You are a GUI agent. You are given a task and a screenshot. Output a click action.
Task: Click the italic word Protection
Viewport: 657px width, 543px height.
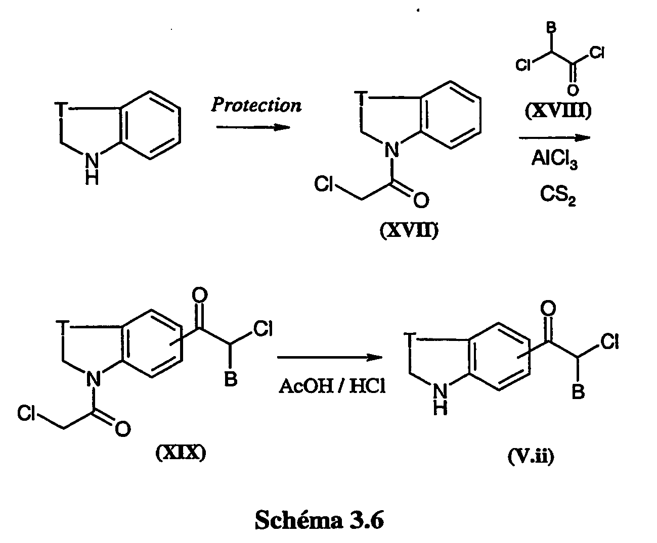point(256,105)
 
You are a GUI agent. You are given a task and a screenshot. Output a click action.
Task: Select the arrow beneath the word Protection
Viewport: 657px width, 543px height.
point(253,127)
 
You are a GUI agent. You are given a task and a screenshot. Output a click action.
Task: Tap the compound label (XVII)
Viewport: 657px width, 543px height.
point(409,231)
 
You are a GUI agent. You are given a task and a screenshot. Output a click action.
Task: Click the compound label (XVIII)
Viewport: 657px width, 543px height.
point(558,111)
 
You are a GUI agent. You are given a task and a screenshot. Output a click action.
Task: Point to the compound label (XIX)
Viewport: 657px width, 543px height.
point(181,453)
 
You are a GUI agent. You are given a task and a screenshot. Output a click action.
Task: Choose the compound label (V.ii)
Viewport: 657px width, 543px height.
point(531,456)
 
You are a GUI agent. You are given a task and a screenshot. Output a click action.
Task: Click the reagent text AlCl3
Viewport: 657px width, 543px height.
point(554,159)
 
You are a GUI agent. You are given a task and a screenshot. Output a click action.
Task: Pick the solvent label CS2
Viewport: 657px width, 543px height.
point(558,195)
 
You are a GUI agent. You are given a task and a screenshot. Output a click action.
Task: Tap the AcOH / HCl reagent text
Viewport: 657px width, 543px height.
point(332,386)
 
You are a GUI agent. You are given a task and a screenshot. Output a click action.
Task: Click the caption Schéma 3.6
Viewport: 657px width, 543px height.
point(319,520)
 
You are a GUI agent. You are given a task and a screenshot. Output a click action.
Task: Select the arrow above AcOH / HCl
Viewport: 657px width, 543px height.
point(330,357)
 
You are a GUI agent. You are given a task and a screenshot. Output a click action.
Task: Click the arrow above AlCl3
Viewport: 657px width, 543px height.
point(554,138)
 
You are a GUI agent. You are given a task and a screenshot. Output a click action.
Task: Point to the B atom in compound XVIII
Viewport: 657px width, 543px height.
point(551,28)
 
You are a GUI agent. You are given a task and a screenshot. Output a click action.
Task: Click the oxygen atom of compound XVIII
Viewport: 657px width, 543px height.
point(573,90)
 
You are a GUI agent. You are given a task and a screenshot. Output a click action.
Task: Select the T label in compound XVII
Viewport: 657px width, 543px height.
point(362,97)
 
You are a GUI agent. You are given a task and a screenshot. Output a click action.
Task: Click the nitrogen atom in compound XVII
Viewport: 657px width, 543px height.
point(392,150)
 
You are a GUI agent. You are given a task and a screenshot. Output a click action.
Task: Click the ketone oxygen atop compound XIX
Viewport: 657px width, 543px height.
point(199,295)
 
